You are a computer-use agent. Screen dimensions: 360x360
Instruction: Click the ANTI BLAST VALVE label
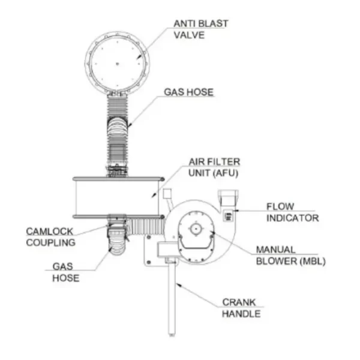[x=200, y=29]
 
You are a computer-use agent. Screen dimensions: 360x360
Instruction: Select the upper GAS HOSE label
[x=189, y=92]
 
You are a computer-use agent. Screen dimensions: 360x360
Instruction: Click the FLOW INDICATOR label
[x=292, y=212]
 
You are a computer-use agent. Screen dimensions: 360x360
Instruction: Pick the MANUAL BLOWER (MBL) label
[x=290, y=255]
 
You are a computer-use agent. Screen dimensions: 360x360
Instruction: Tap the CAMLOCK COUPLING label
[x=51, y=236]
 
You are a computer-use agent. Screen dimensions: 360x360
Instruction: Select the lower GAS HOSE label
[x=65, y=272]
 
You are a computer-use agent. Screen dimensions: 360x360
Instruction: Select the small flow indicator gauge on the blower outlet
[x=228, y=216]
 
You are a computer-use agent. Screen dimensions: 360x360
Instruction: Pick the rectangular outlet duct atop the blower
[x=229, y=197]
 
